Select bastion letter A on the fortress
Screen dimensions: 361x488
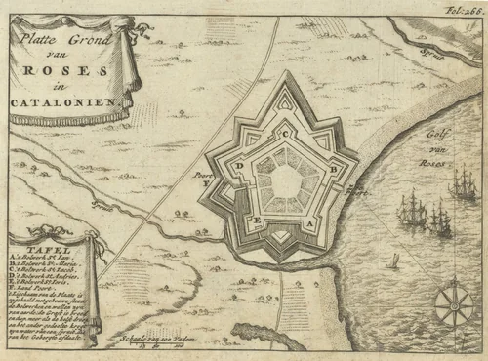click(310, 223)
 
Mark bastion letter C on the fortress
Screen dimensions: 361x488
click(285, 134)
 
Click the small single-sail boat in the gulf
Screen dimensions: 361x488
click(393, 261)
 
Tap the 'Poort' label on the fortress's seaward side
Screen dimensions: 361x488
click(358, 191)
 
